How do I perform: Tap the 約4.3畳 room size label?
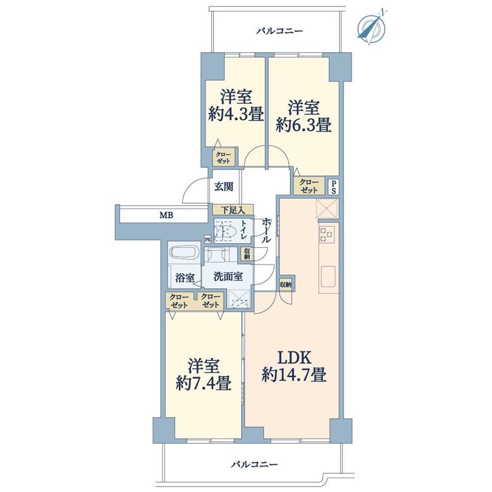pos(236,115)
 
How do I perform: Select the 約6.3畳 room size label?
pos(303,125)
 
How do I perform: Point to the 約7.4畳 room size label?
pos(204,383)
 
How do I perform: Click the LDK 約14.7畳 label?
pos(294,366)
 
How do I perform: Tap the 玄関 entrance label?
pos(224,187)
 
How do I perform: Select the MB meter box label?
pos(166,215)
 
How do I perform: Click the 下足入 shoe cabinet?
pos(233,210)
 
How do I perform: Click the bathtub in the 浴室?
pos(184,252)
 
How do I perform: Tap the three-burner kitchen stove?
pos(327,234)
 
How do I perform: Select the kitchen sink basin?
pos(328,276)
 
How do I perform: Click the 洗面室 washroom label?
pos(228,276)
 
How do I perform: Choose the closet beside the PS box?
pos(309,186)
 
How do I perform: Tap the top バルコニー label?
pos(280,31)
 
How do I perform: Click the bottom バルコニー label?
pos(255,464)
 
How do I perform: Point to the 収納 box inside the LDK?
pos(286,285)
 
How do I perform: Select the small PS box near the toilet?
pos(207,240)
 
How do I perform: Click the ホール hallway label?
pos(266,231)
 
